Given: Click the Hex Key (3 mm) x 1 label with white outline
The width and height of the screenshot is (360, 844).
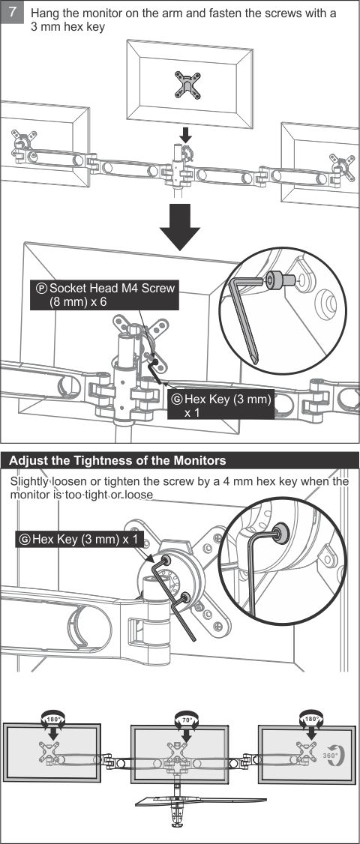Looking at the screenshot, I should [x=220, y=406].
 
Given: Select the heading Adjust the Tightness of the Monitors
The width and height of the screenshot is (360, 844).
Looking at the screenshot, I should [x=118, y=460].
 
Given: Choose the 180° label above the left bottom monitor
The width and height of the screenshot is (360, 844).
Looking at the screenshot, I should [x=54, y=719].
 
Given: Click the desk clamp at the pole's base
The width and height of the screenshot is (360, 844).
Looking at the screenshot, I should [x=177, y=827].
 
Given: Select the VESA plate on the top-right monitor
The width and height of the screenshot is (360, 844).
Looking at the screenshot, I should [x=339, y=163].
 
